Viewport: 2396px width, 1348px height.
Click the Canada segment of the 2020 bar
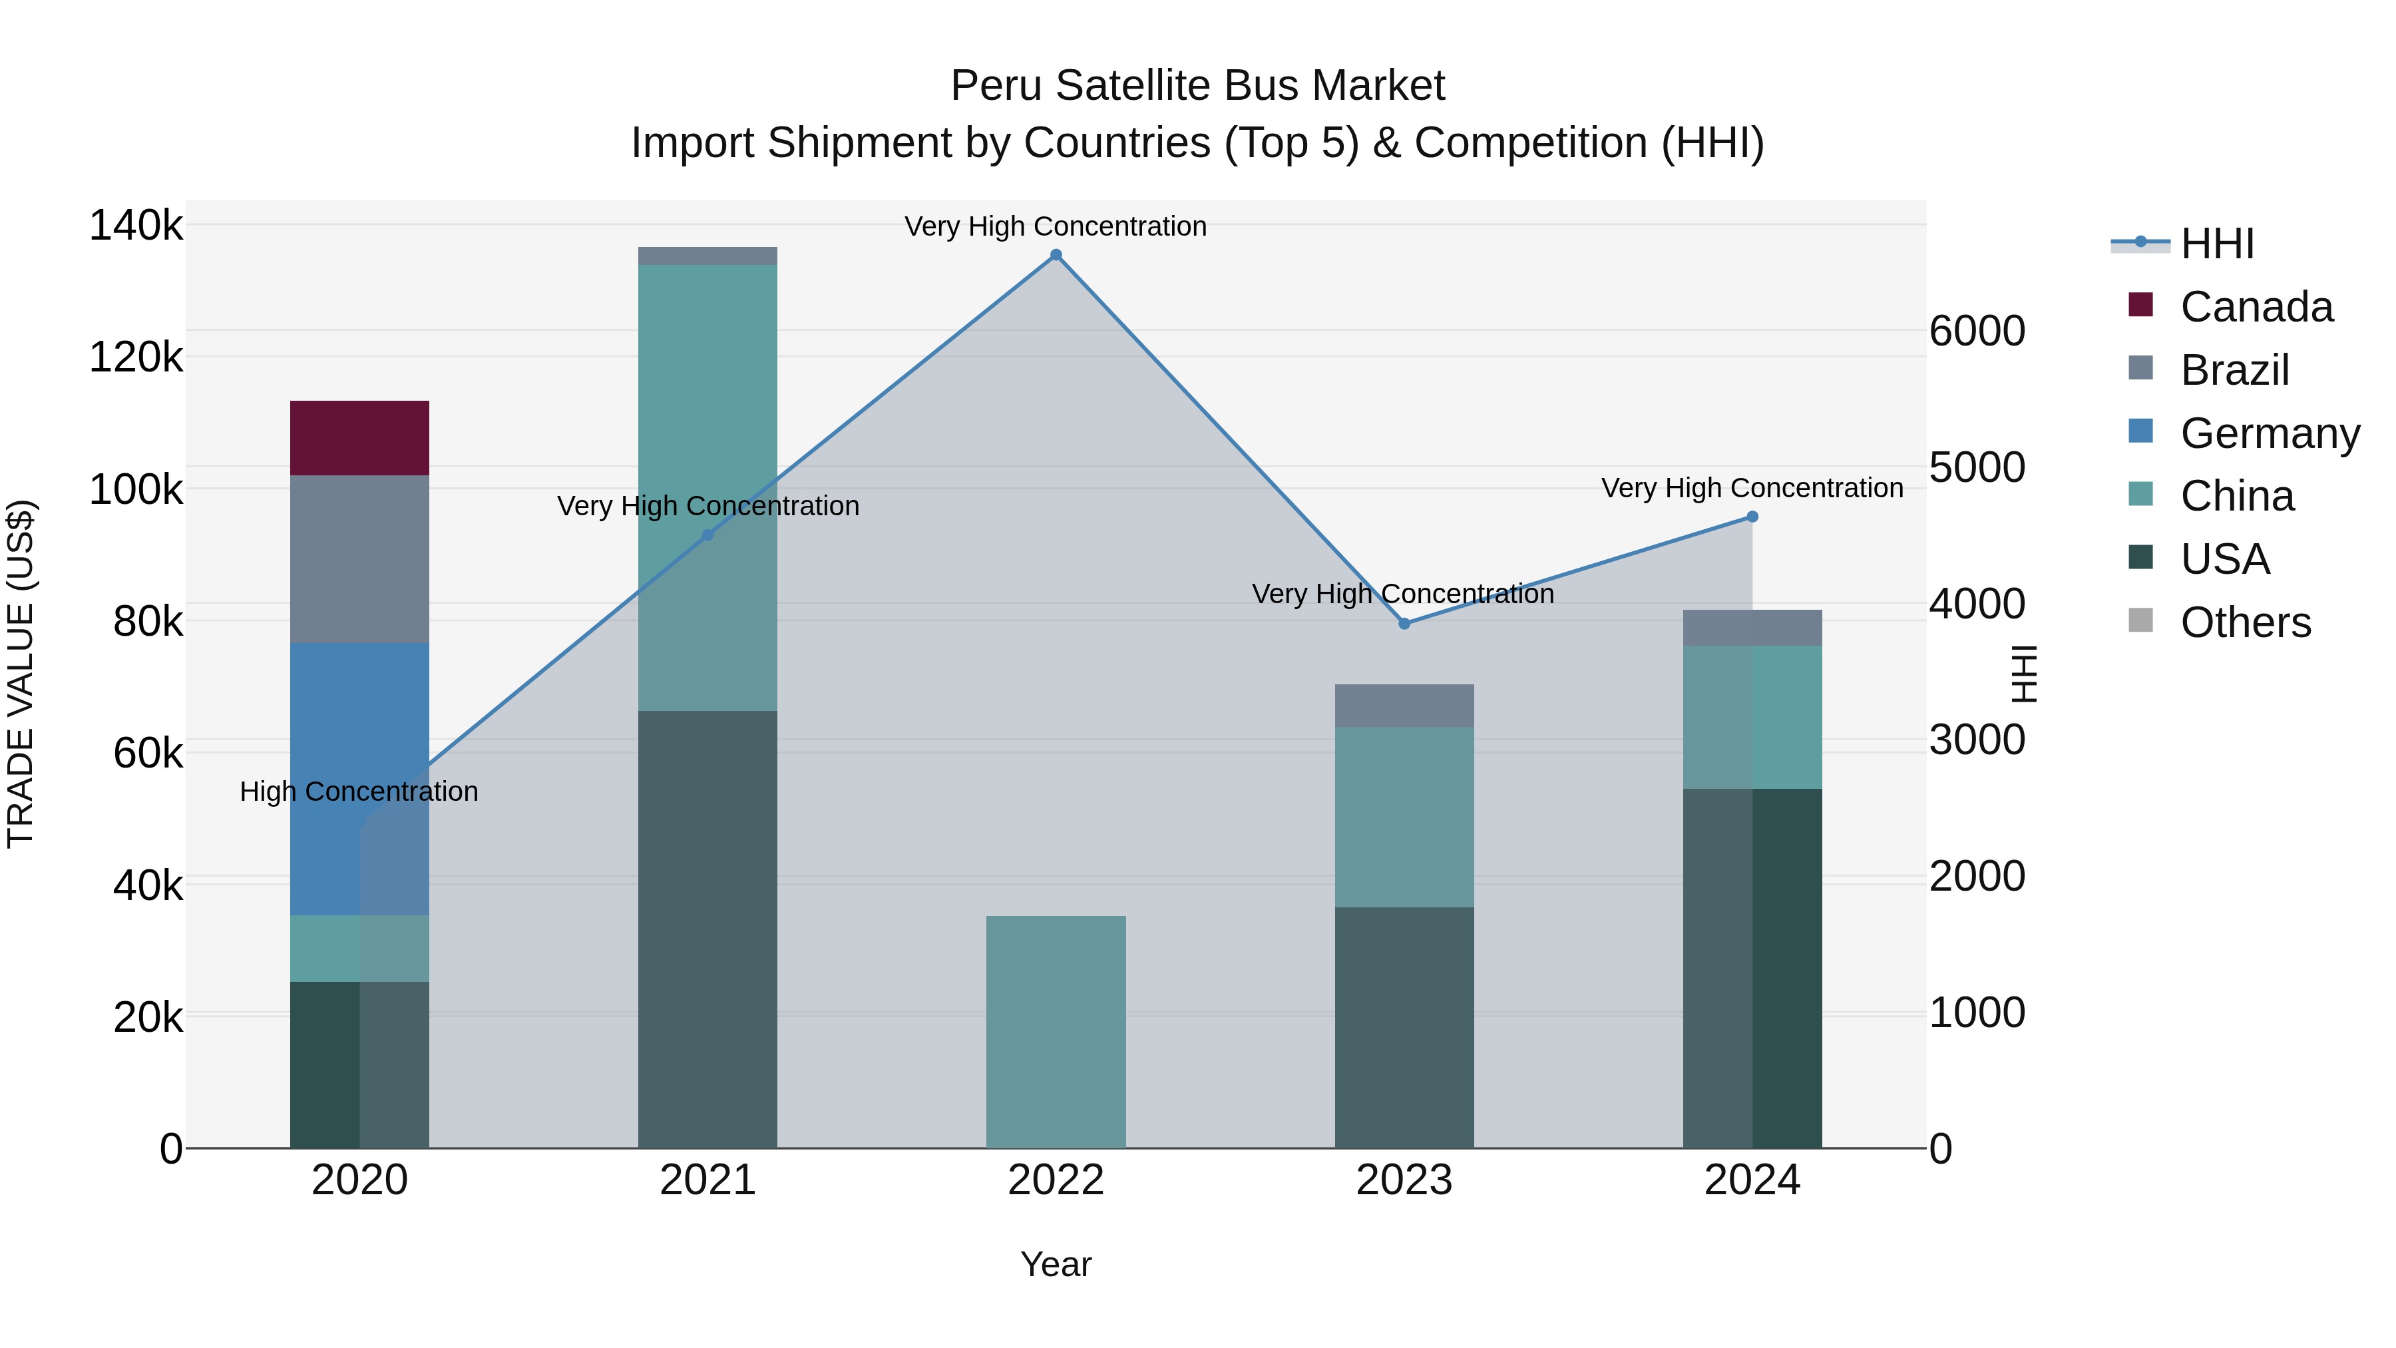(359, 437)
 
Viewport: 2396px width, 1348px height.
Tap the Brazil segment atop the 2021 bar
(707, 256)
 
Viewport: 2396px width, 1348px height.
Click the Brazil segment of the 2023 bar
(1404, 705)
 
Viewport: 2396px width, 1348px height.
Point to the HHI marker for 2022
(1056, 255)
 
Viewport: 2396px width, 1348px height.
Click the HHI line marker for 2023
(1404, 623)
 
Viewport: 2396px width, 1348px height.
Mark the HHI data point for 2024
(1752, 517)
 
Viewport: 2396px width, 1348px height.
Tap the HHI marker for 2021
(707, 535)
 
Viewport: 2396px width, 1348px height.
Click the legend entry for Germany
(2270, 433)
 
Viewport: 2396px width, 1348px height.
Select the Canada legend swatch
(2140, 305)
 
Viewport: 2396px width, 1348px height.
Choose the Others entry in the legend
(2246, 622)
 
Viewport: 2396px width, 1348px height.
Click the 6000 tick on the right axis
(1977, 332)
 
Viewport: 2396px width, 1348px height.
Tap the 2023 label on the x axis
(1404, 1180)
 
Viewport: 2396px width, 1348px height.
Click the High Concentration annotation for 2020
(359, 791)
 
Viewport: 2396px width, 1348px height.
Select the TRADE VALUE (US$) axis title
(21, 674)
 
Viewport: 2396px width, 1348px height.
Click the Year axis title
(1056, 1264)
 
